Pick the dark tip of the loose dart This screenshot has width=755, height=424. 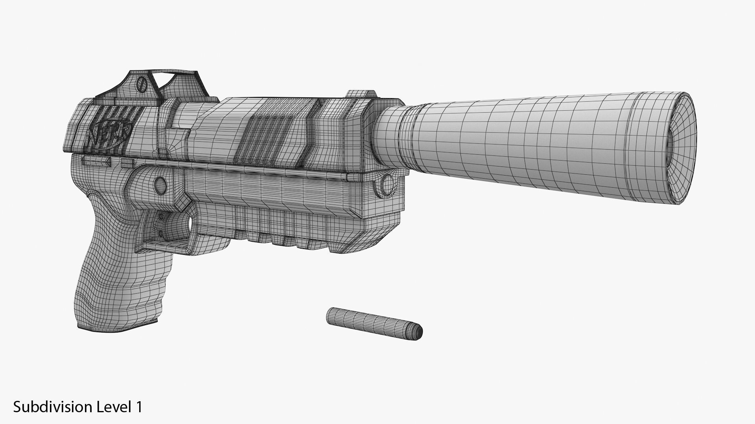pos(419,333)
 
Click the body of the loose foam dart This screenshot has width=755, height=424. pos(370,322)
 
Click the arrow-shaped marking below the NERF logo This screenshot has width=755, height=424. pos(97,161)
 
